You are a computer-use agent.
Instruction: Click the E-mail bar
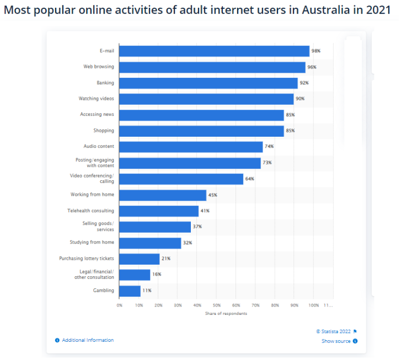pyautogui.click(x=214, y=51)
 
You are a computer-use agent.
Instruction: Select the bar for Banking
pyautogui.click(x=208, y=83)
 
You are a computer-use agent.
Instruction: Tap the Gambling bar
pyautogui.click(x=130, y=291)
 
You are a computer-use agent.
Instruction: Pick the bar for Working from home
pyautogui.click(x=163, y=195)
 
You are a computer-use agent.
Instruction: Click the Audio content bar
pyautogui.click(x=191, y=147)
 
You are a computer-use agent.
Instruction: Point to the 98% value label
pyautogui.click(x=316, y=51)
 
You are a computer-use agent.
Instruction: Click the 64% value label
pyautogui.click(x=249, y=179)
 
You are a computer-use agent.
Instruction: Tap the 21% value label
pyautogui.click(x=165, y=259)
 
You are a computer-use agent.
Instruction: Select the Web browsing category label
pyautogui.click(x=99, y=67)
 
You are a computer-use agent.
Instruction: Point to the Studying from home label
pyautogui.click(x=92, y=242)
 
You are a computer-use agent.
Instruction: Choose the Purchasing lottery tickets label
pyautogui.click(x=87, y=258)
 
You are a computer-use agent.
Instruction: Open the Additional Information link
pyautogui.click(x=88, y=340)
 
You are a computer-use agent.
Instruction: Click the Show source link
pyautogui.click(x=336, y=341)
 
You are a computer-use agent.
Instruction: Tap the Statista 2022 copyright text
pyautogui.click(x=334, y=331)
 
